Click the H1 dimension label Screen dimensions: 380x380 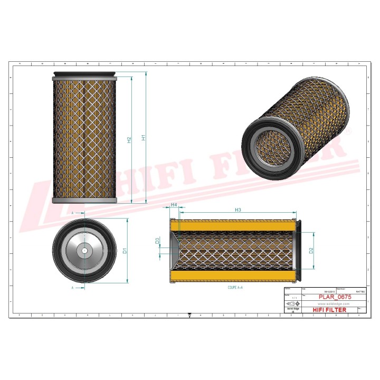(143, 138)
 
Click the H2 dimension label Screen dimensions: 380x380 (129, 140)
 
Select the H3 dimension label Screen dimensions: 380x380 (237, 210)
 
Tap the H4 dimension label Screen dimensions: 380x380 (174, 204)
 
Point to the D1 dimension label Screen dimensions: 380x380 (125, 250)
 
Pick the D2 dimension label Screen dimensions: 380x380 (311, 250)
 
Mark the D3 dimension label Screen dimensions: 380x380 (158, 241)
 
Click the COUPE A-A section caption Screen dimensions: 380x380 (235, 288)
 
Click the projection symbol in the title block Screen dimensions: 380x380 (291, 304)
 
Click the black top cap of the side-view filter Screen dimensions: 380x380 (84, 74)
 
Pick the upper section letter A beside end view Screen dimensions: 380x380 (72, 212)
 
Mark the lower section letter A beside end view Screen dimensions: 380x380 (72, 288)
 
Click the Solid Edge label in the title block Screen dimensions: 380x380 (291, 310)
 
